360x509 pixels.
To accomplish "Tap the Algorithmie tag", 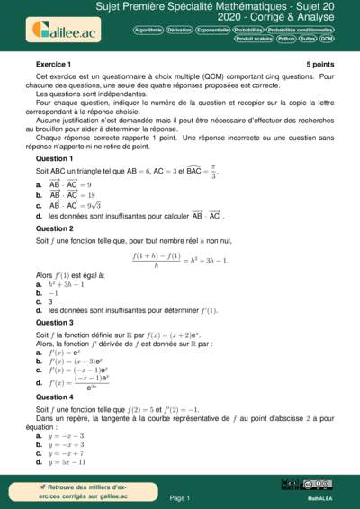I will pos(148,29).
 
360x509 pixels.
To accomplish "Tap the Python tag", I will pos(286,40).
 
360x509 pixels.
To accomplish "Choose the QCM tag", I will pos(327,40).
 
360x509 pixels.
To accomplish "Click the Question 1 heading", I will pos(55,158).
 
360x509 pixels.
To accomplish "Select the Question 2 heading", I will pos(55,228).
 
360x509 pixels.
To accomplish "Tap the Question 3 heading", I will pos(55,322).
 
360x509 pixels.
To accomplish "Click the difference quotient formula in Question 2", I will pos(179,261).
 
